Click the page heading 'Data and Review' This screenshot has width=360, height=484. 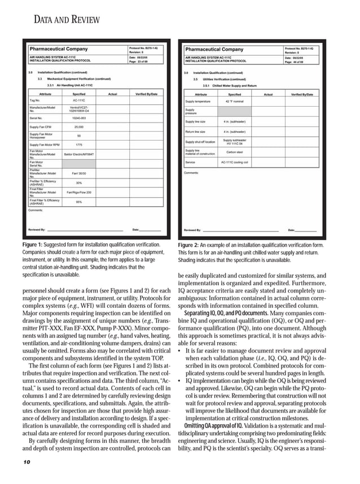pos(67,20)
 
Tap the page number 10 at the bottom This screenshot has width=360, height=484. pos(27,462)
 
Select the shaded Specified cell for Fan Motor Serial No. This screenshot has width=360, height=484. pos(79,163)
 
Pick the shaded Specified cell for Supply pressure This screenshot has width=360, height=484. pos(235,111)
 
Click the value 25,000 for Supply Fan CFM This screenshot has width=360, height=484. pos(79,127)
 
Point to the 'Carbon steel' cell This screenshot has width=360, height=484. pos(235,152)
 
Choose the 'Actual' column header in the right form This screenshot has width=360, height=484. pos(268,94)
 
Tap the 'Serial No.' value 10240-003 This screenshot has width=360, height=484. pos(79,117)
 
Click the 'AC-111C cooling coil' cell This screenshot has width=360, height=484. pos(235,162)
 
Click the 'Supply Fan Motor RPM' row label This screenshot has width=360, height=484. pos(44,145)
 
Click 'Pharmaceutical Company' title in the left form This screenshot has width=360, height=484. pos(59,49)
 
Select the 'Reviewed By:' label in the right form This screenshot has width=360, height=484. pos(192,230)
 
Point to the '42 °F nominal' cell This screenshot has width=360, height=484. pos(235,102)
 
